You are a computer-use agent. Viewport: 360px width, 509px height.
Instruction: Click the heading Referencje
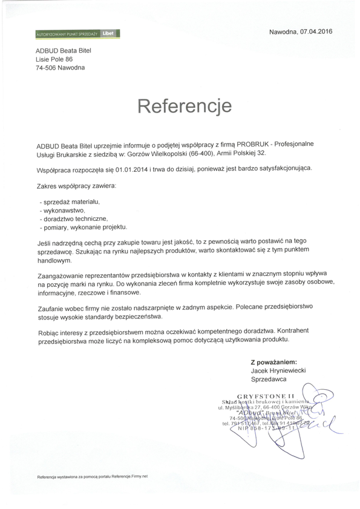pyautogui.click(x=185, y=107)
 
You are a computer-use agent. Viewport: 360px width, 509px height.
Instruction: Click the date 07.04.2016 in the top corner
pyautogui.click(x=316, y=31)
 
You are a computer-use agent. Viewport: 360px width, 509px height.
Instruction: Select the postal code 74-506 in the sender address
pyautogui.click(x=46, y=68)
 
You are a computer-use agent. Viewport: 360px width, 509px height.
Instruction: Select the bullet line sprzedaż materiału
pyautogui.click(x=69, y=200)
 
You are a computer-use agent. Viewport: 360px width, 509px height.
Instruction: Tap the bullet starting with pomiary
pyautogui.click(x=82, y=227)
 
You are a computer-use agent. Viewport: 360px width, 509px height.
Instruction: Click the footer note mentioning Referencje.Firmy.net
pyautogui.click(x=93, y=476)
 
